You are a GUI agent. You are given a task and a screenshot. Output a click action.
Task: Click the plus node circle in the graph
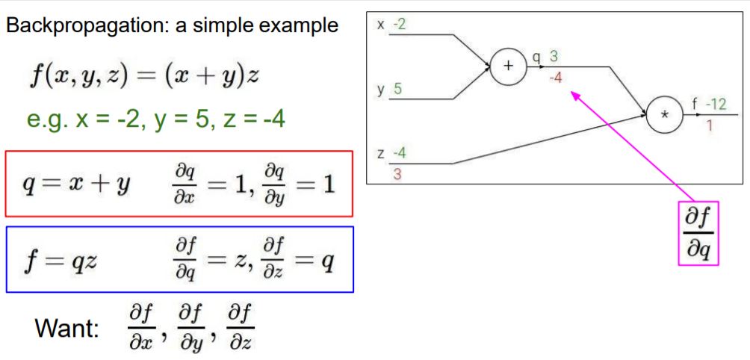(509, 66)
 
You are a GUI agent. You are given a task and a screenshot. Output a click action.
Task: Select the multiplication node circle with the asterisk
(666, 115)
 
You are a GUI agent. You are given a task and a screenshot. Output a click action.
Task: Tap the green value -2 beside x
(400, 25)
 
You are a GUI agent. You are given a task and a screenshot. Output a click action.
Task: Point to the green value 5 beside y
(397, 90)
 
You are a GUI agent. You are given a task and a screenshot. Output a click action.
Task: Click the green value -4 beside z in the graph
(400, 154)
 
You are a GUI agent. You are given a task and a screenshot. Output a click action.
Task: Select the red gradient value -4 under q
(554, 77)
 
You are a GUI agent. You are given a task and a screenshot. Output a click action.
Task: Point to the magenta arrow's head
(574, 94)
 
